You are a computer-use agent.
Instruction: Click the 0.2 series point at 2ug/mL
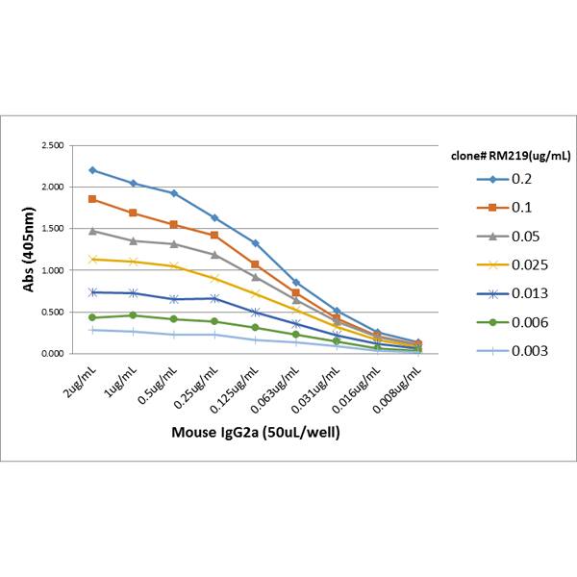pyautogui.click(x=92, y=170)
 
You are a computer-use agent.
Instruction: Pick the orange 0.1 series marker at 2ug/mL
pyautogui.click(x=92, y=199)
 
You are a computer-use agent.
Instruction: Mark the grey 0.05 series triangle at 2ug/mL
pyautogui.click(x=92, y=231)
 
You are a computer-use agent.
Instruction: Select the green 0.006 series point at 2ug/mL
pyautogui.click(x=92, y=317)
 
